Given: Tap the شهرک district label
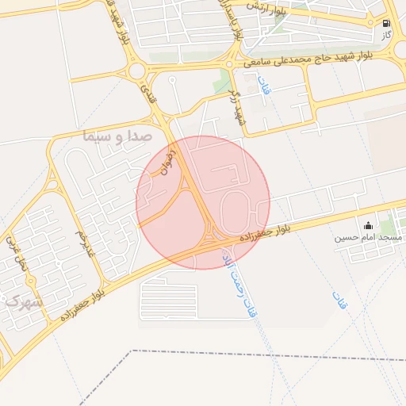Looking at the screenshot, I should click(24, 302).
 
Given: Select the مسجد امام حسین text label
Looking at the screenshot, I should click(367, 237).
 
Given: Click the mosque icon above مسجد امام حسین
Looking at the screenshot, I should click(367, 225).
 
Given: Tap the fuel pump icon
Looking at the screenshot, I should click(386, 24).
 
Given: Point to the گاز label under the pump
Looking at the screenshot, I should click(386, 36).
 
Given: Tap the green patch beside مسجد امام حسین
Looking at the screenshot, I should click(388, 228).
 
